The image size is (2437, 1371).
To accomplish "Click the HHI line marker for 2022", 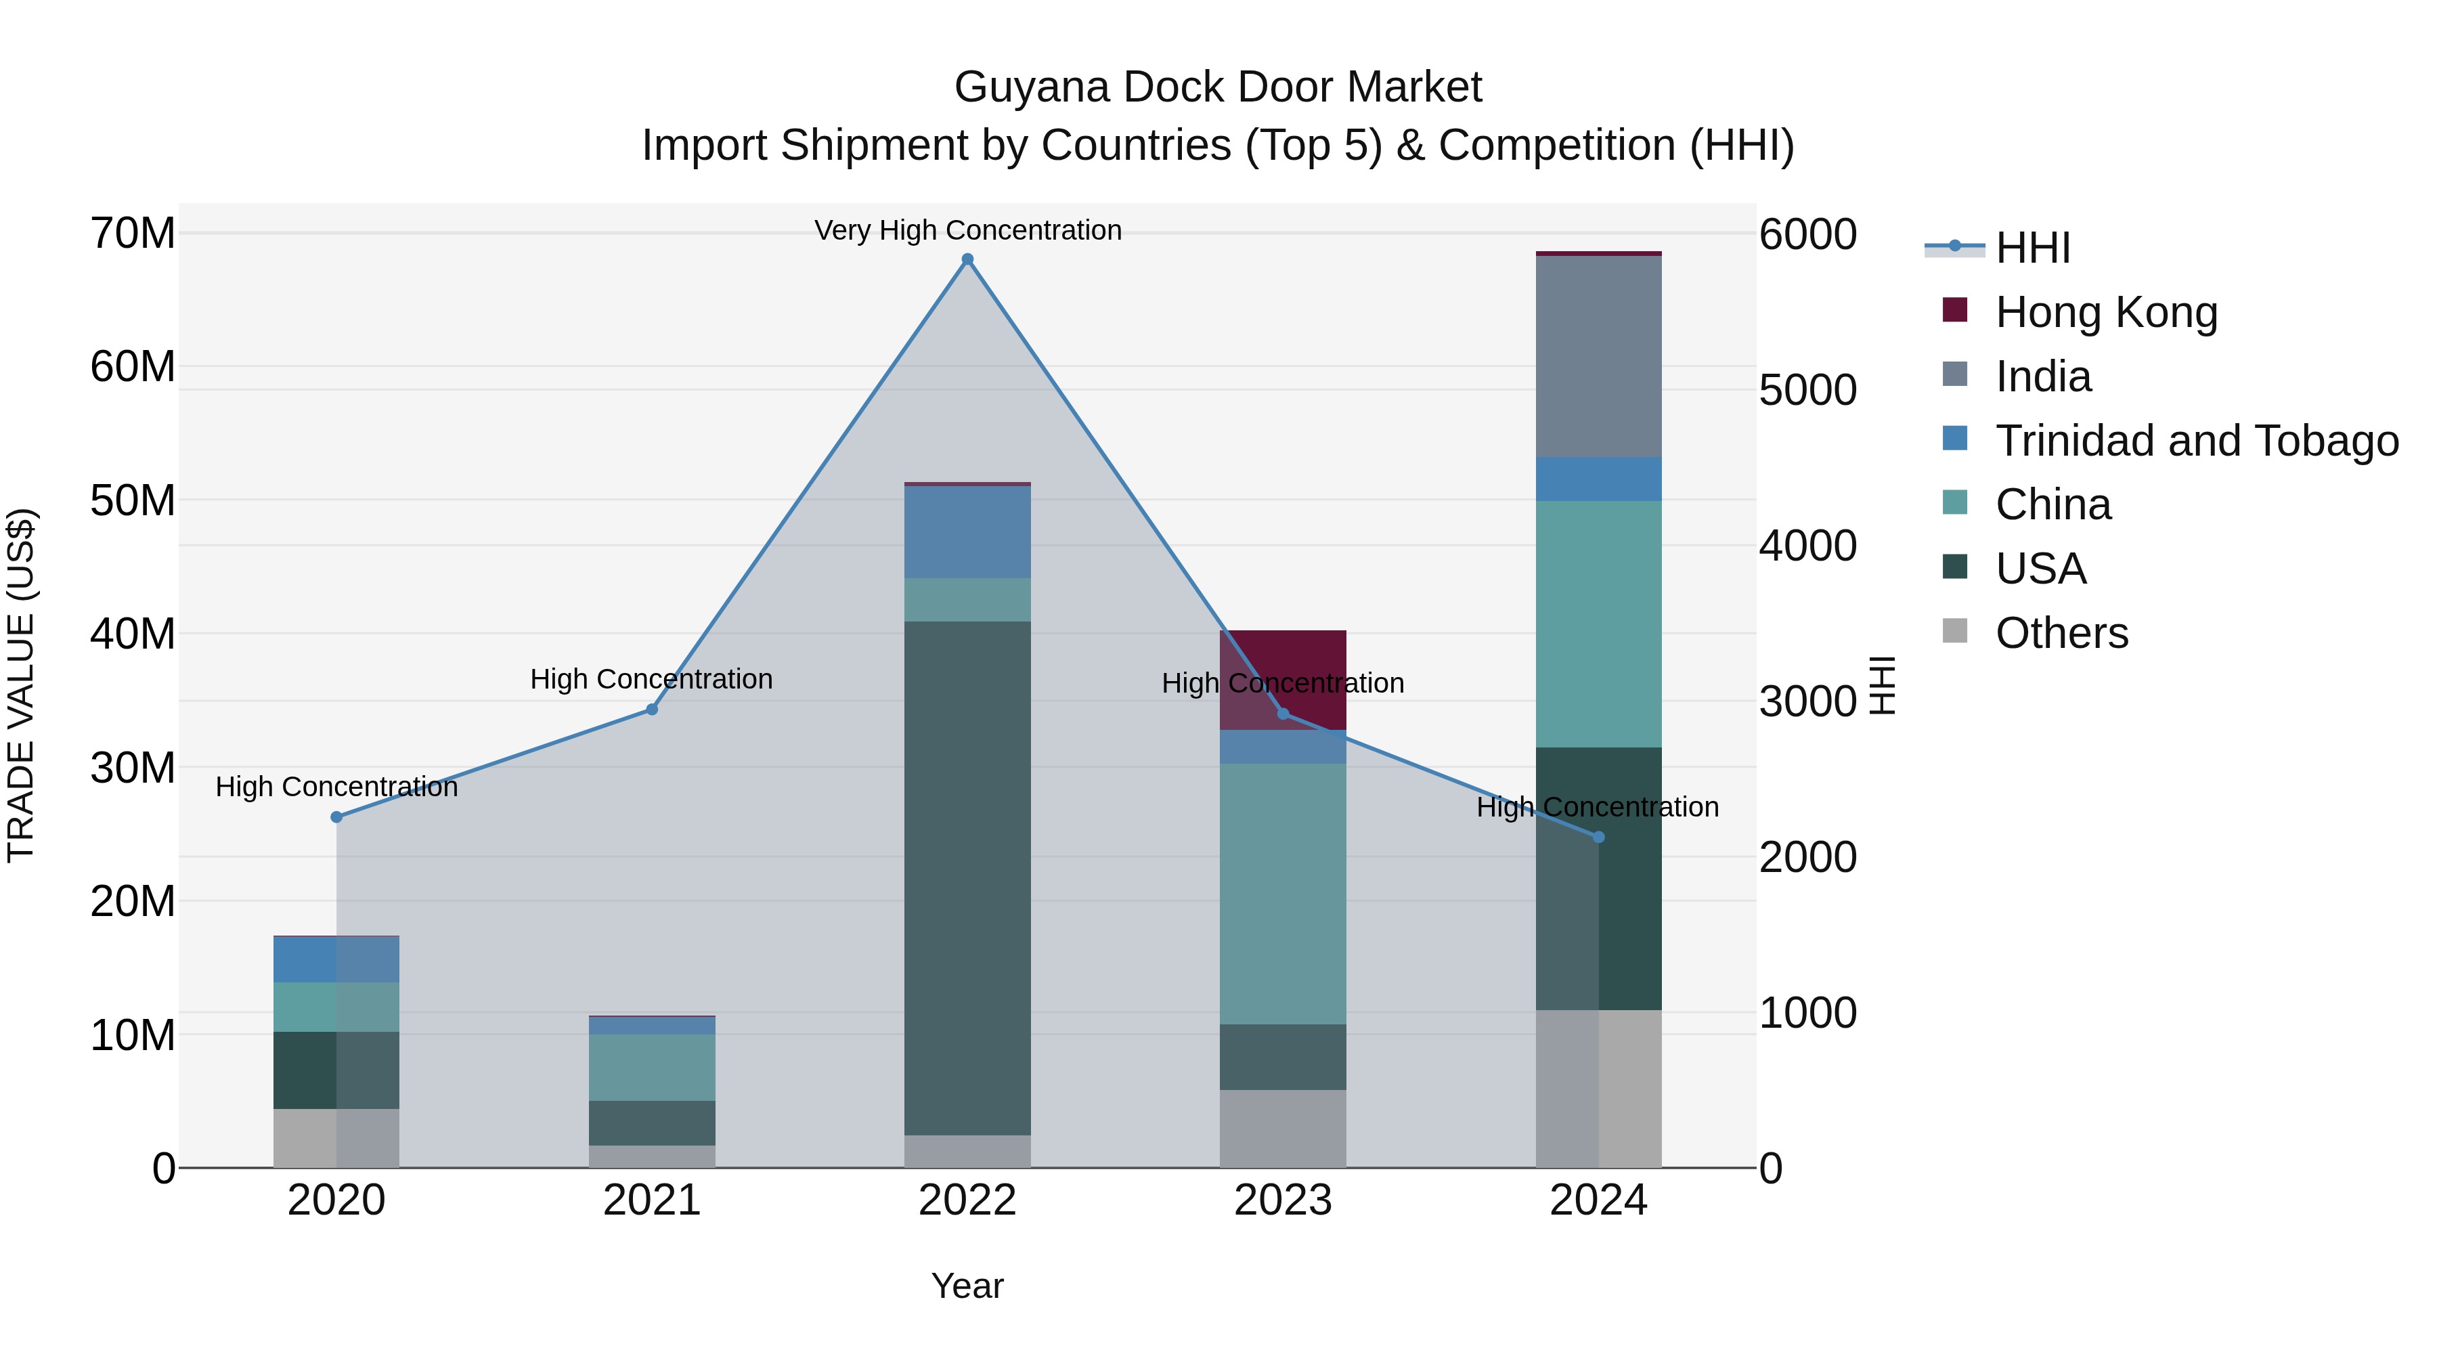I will point(967,259).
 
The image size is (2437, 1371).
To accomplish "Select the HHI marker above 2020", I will point(337,817).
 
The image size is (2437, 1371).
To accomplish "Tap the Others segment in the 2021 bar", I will point(652,1156).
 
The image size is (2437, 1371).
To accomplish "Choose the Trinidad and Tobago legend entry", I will point(2197,441).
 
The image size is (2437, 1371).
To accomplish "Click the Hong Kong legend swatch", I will point(1954,310).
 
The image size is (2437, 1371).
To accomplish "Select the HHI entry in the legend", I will point(2032,248).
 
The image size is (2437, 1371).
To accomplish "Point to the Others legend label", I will point(2061,633).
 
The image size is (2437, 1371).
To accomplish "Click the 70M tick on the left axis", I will point(133,233).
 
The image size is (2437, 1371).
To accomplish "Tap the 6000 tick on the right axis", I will point(1807,235).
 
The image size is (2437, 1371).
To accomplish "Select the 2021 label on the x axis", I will point(652,1200).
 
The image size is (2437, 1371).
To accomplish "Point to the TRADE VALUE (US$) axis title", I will point(21,685).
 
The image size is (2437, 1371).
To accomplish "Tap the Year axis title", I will point(967,1286).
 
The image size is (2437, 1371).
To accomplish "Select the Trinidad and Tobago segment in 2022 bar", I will point(967,531).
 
